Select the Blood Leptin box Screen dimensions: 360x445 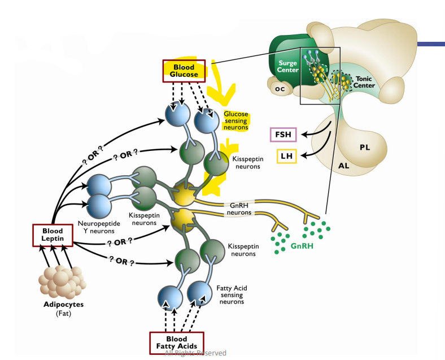tap(53, 235)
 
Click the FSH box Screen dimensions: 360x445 tap(282, 135)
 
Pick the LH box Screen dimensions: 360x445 tap(286, 156)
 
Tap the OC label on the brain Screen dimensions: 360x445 tap(279, 89)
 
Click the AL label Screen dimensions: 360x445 tap(344, 166)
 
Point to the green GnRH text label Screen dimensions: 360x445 tap(302, 246)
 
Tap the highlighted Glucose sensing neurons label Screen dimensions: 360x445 tap(235, 120)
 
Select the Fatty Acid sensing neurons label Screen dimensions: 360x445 tap(230, 294)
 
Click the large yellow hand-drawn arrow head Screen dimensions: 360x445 tap(221, 96)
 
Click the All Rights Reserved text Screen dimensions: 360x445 tap(195, 353)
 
